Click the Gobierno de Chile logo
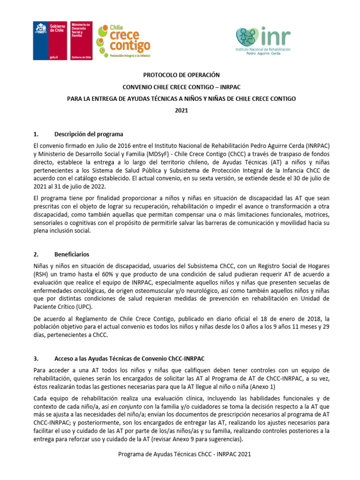click(50, 41)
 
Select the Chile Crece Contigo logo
click(124, 41)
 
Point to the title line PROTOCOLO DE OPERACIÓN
click(180, 75)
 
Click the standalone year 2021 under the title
click(180, 111)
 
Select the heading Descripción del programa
click(89, 134)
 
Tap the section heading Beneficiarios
click(71, 255)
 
